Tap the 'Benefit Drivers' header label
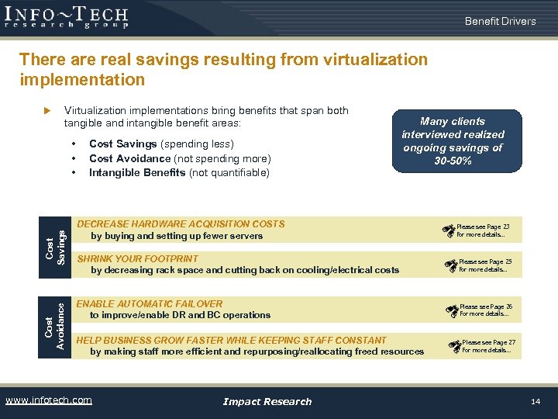(500, 21)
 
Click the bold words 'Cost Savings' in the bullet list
(124, 144)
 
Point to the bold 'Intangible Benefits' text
(136, 172)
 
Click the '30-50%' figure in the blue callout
(453, 161)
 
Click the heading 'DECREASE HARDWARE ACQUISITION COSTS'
(181, 224)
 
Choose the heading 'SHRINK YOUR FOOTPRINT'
(138, 258)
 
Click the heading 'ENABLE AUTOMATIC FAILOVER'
(150, 304)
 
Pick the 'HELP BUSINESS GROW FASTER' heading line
(231, 340)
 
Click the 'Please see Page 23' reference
(482, 227)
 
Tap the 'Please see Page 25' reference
(485, 262)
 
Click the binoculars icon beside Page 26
(452, 310)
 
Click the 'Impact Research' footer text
(267, 401)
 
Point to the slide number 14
(535, 401)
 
